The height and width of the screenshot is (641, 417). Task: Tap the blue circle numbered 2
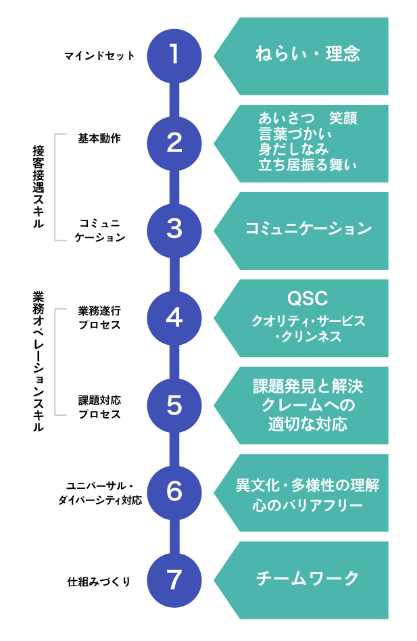tap(174, 143)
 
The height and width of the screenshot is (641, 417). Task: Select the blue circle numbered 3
tap(174, 230)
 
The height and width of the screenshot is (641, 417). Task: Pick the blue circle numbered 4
tap(174, 318)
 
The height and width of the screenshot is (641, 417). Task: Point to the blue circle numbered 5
tap(174, 405)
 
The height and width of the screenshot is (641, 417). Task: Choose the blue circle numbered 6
tap(174, 492)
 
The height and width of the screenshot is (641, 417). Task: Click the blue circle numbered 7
tap(174, 579)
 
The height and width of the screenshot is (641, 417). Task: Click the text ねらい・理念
tap(308, 54)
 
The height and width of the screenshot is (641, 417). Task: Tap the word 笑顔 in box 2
tap(343, 118)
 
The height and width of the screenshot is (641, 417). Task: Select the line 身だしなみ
tap(293, 149)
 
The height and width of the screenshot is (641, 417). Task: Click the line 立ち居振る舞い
tap(308, 164)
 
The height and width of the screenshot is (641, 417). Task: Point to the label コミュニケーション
tap(308, 229)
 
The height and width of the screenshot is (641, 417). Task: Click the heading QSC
tap(308, 300)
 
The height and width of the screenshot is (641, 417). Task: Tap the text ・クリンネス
tap(308, 336)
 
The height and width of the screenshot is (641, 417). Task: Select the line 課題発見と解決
tap(308, 387)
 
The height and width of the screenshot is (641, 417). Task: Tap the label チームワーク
tap(308, 579)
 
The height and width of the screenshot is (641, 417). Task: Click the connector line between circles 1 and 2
tap(174, 99)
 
